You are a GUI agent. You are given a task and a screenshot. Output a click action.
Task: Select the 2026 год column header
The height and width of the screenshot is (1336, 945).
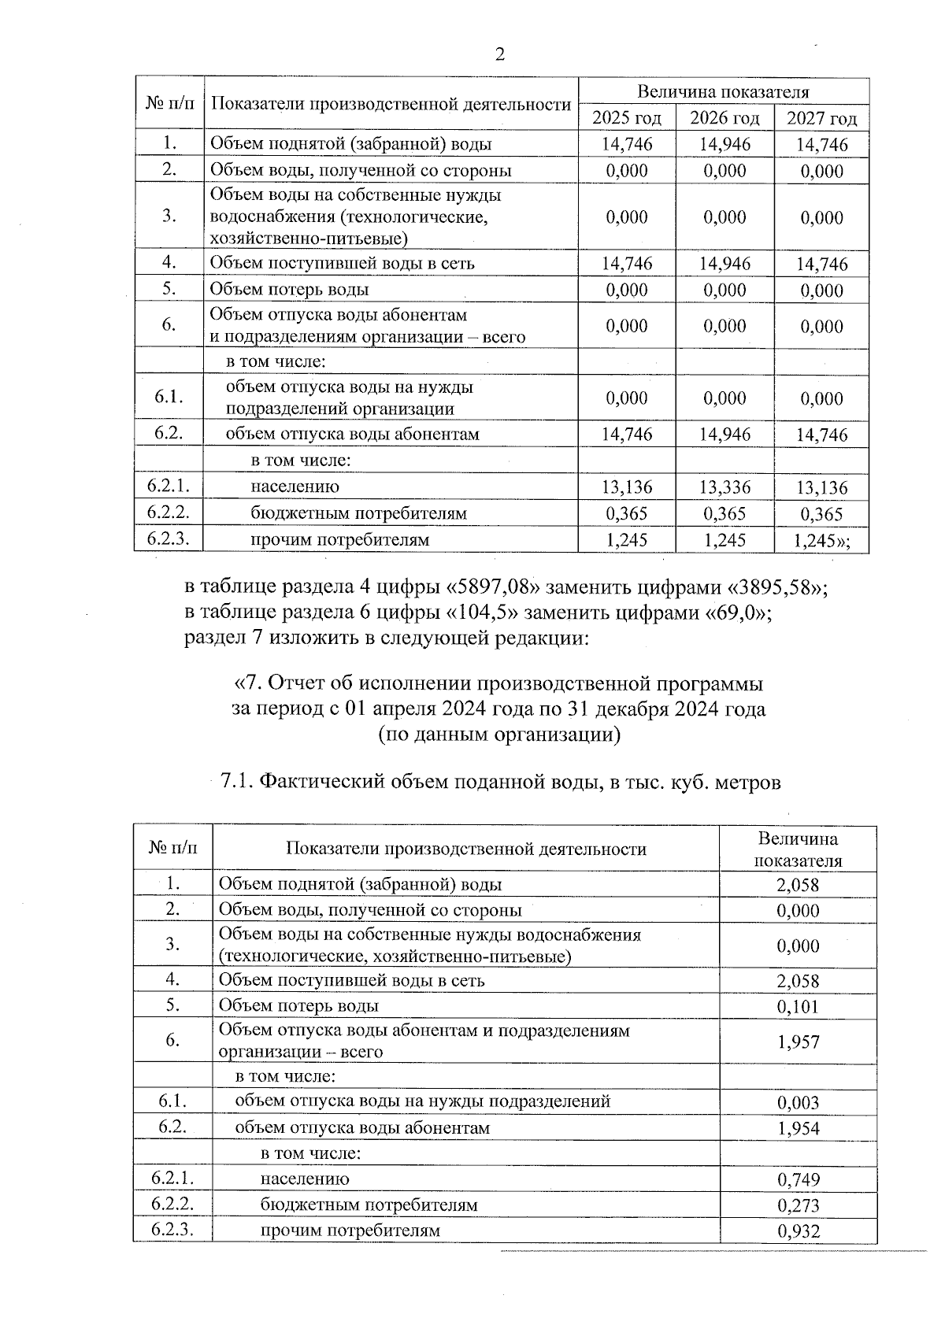tap(724, 118)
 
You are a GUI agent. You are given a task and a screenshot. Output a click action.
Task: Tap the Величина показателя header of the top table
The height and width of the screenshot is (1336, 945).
tap(723, 92)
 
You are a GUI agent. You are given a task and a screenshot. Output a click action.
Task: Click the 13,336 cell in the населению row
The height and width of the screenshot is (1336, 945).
tap(724, 487)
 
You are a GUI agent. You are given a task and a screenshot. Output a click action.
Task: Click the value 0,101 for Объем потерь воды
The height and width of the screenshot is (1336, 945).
tap(798, 1006)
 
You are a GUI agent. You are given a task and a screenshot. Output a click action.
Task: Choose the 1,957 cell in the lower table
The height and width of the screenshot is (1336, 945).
tap(798, 1042)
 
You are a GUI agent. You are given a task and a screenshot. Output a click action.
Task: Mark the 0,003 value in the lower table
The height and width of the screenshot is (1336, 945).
tap(798, 1102)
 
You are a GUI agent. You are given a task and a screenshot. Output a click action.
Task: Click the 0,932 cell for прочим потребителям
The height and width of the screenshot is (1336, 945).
tap(798, 1231)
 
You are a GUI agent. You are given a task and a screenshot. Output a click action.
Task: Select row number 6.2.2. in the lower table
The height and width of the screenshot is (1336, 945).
tap(172, 1204)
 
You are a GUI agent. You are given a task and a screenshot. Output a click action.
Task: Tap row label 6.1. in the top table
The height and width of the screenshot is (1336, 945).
tap(169, 397)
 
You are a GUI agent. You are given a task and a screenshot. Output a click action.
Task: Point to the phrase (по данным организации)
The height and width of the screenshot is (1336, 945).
tap(499, 735)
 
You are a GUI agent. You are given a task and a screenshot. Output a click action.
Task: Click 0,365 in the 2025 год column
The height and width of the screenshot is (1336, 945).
tap(627, 513)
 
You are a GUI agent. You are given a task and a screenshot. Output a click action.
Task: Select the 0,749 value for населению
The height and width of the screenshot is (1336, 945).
tap(798, 1179)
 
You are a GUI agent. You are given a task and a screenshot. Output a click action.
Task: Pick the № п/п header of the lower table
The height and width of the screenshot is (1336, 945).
tap(172, 848)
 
